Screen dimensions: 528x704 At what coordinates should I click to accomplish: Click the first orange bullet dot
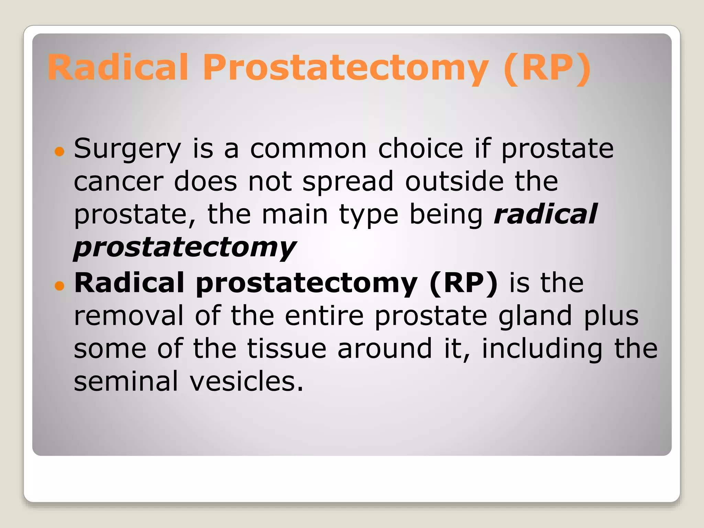coord(59,151)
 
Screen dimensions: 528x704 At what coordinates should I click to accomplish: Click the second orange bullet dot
coord(59,285)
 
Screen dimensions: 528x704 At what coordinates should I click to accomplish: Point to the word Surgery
coord(127,148)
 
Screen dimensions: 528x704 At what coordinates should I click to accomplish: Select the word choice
coord(420,148)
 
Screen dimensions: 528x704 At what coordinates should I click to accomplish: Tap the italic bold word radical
coord(546,214)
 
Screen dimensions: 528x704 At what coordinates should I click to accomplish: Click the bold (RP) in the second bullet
coord(463,283)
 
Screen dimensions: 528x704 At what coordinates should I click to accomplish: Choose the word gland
coord(535,316)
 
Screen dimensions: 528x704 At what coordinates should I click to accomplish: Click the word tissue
coord(287,349)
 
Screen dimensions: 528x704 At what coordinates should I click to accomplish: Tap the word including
coord(542,349)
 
